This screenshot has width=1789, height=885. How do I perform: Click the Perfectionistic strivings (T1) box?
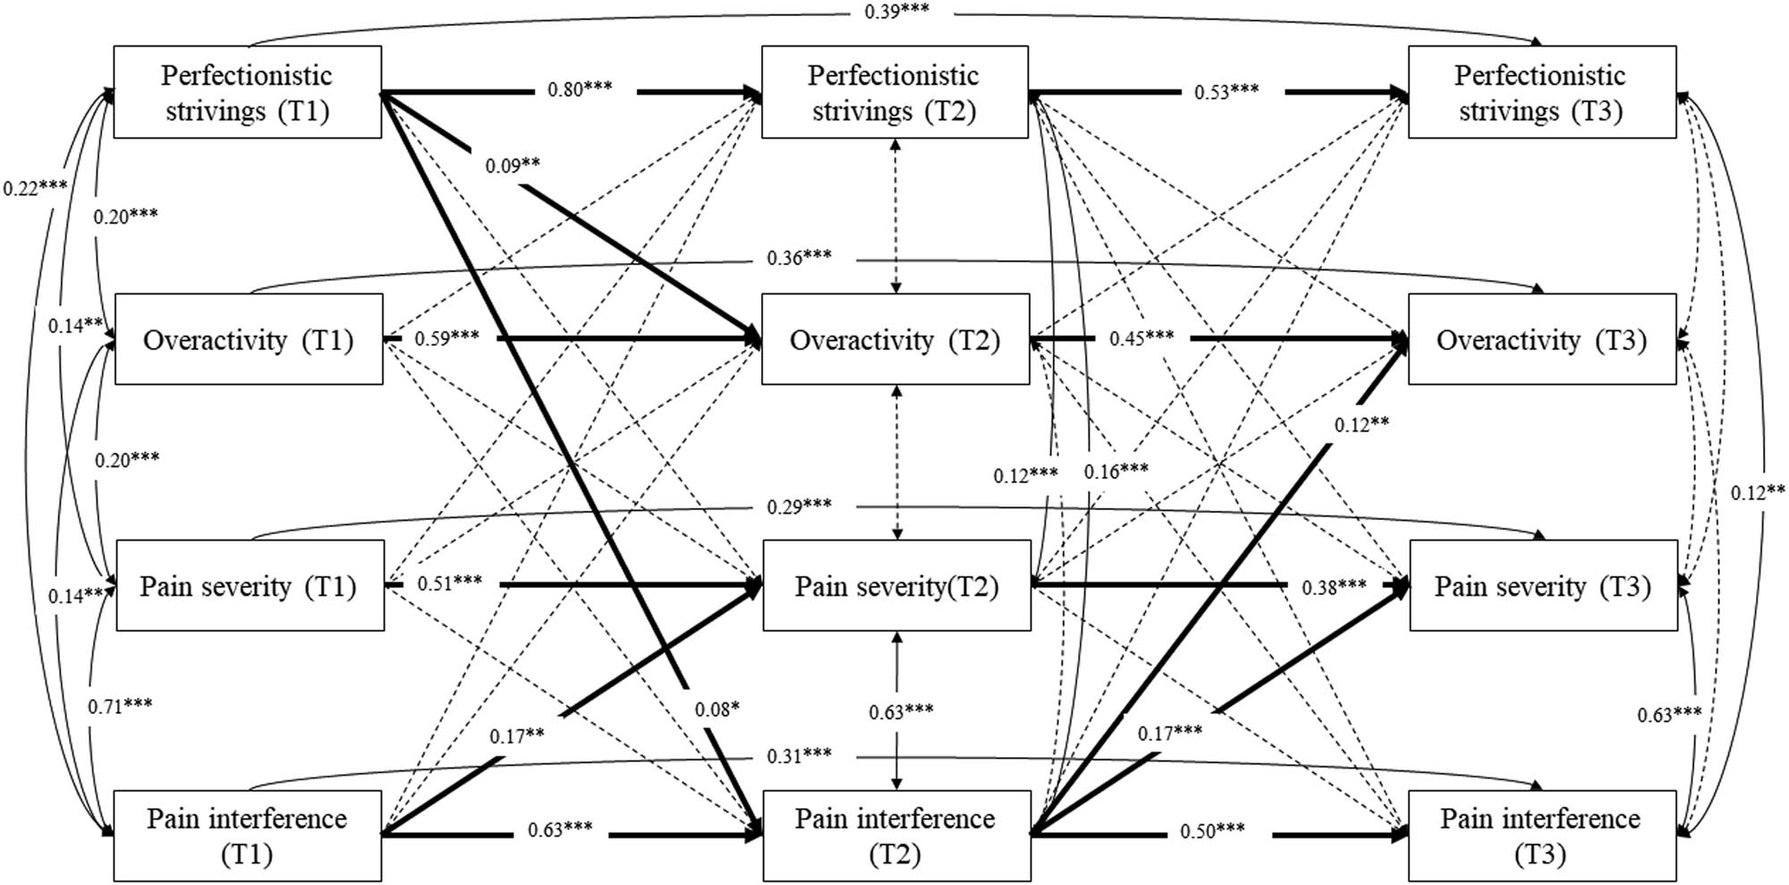tap(247, 92)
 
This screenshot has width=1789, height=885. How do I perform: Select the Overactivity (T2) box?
tap(894, 340)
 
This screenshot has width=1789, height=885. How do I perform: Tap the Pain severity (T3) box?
tap(1542, 586)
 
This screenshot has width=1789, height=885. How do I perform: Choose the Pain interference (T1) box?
tap(247, 836)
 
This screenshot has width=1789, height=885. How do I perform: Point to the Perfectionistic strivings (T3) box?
tap(1541, 92)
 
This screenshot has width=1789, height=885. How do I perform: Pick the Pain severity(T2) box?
tap(896, 586)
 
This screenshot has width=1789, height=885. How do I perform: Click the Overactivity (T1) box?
tap(249, 340)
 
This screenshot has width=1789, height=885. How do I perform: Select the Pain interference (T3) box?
tap(1541, 836)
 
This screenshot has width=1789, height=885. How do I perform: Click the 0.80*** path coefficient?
tap(580, 89)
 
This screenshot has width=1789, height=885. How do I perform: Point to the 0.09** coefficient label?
tap(512, 166)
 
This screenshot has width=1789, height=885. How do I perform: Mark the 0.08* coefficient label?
tap(716, 710)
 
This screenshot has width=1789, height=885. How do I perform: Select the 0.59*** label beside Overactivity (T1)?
tap(446, 338)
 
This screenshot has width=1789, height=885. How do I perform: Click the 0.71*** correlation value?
tap(119, 706)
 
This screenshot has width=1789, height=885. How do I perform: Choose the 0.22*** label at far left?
tap(34, 188)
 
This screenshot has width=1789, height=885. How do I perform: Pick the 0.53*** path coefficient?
tap(1226, 91)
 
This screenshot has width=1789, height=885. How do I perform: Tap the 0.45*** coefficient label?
tap(1141, 338)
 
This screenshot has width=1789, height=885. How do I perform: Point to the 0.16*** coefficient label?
tap(1116, 471)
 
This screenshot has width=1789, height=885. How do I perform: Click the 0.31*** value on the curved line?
tap(799, 756)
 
